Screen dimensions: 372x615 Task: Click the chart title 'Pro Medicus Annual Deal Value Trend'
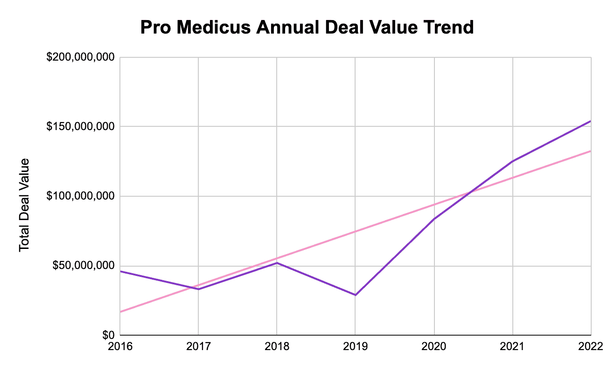[x=307, y=28]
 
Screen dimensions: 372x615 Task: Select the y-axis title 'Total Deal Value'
[x=24, y=205]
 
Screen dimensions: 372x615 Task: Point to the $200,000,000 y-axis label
[x=80, y=57]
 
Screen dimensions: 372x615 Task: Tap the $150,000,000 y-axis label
[x=80, y=127]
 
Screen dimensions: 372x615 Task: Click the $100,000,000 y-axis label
[x=80, y=196]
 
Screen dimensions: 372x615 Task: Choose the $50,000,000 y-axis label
[x=83, y=266]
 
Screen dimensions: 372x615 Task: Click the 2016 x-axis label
[x=120, y=347]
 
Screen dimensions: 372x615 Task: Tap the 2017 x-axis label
[x=199, y=347]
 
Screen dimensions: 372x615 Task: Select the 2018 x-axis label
[x=277, y=347]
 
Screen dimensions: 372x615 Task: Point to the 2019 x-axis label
[x=356, y=347]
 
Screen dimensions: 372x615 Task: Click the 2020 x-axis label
[x=434, y=347]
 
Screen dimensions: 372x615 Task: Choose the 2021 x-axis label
[x=513, y=347]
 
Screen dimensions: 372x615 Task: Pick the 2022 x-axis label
[x=591, y=347]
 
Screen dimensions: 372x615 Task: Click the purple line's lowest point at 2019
[x=356, y=295]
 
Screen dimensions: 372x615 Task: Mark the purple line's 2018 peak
[x=277, y=263]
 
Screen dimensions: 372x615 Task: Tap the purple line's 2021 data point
[x=513, y=161]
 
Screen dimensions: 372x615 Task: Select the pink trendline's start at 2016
[x=121, y=312]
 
